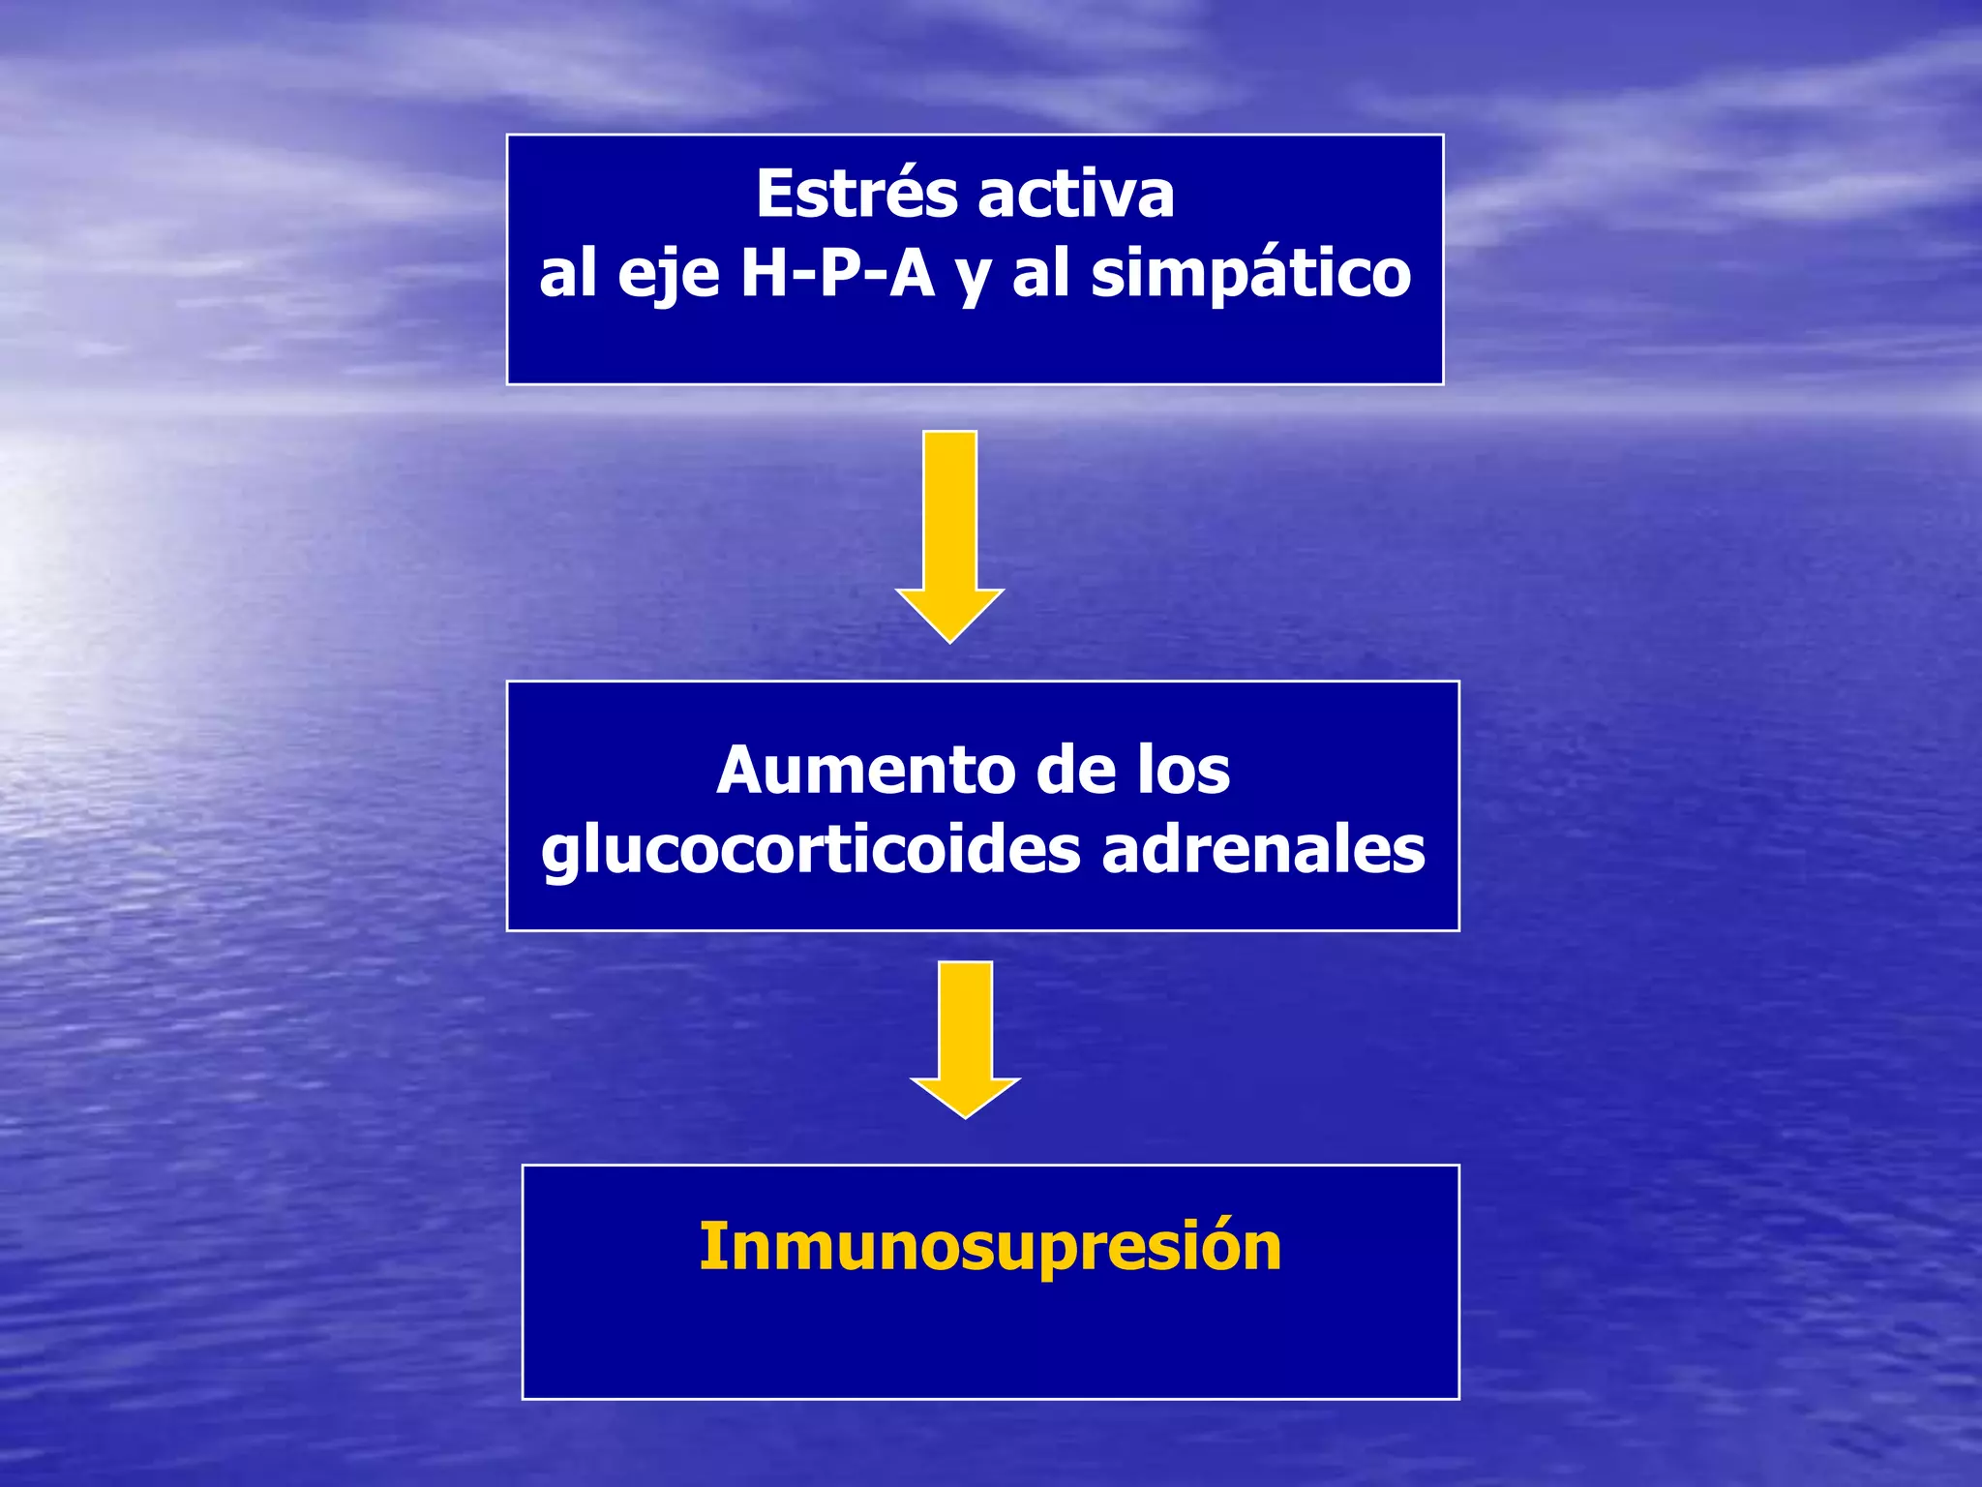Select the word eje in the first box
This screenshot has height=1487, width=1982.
(669, 274)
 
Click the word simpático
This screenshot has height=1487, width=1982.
(1250, 274)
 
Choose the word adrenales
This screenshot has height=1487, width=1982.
(1263, 849)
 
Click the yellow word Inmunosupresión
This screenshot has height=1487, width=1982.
(990, 1246)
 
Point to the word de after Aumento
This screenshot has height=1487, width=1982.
(1075, 771)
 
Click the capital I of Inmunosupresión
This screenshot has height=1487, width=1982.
(707, 1246)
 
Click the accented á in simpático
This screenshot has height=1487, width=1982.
(1257, 274)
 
